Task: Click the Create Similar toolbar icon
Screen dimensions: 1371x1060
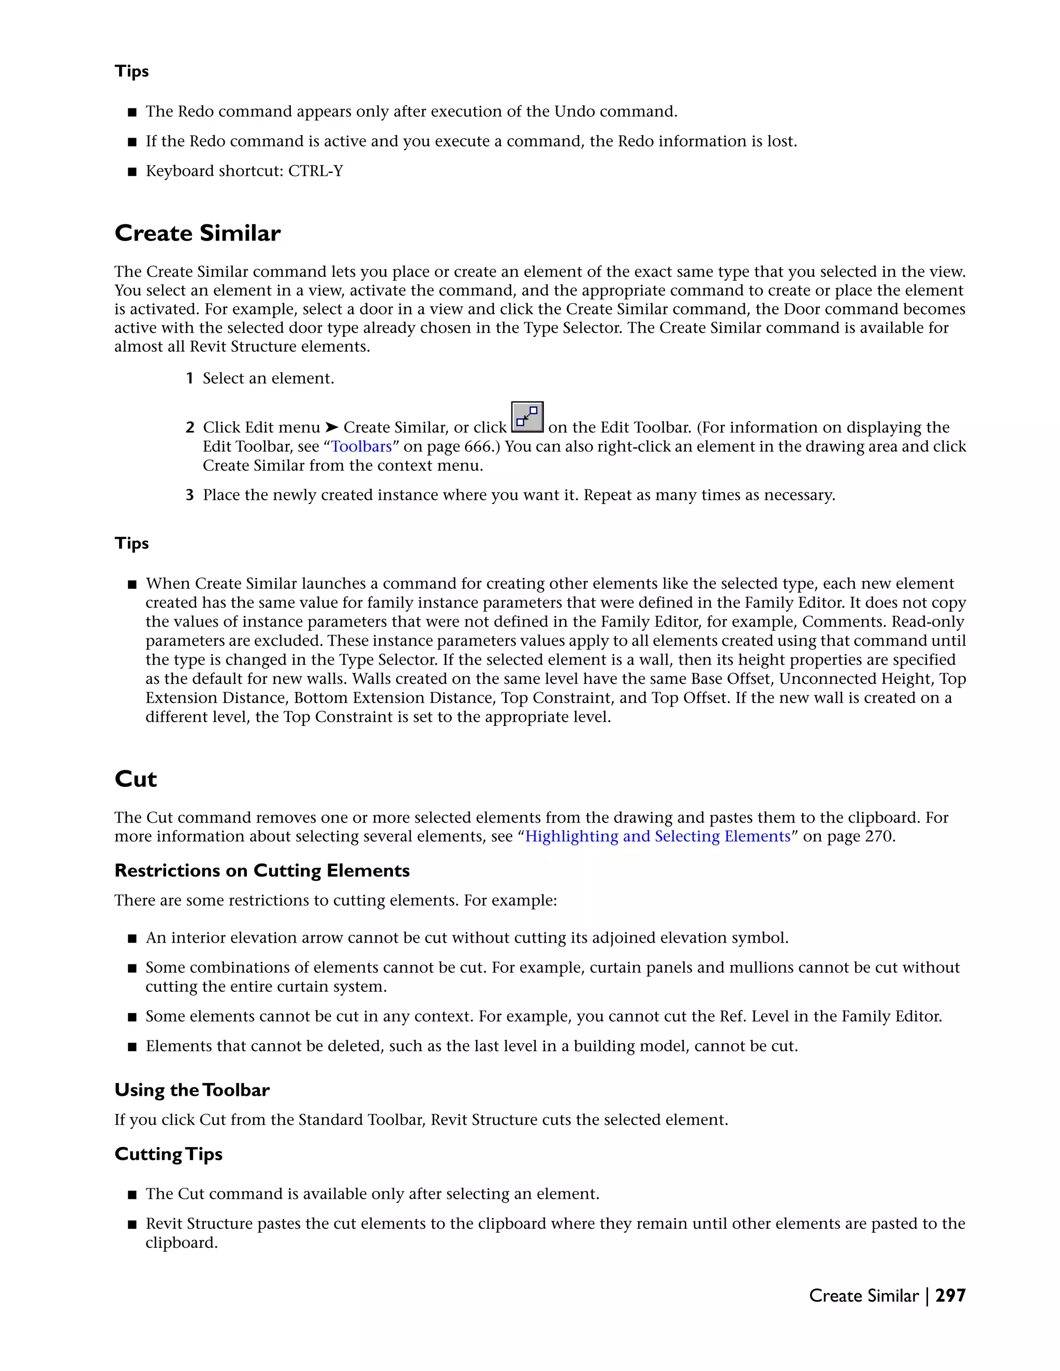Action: (527, 418)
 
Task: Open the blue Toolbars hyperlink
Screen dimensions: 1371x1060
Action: (361, 446)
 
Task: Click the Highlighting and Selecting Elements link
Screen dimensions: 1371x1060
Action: (657, 836)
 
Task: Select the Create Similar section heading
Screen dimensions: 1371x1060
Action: (197, 233)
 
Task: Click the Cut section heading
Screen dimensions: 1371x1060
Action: (136, 779)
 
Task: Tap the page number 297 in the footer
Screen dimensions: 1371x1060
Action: (950, 1295)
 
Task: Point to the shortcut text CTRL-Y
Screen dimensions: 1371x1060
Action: (315, 171)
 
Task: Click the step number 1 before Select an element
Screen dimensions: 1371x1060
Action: (189, 379)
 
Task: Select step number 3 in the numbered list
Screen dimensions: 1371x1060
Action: (189, 495)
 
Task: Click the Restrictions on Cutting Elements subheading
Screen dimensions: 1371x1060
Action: (262, 871)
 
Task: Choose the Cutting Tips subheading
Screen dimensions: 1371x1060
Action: (168, 1154)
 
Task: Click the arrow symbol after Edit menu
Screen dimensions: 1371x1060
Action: (332, 427)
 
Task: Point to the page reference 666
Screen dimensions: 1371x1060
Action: (477, 446)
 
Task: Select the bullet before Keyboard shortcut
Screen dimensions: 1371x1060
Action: (132, 171)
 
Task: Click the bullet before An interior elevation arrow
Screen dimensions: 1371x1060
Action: (132, 938)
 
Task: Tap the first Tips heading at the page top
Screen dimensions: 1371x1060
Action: (132, 71)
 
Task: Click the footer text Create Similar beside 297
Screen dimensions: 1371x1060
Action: (863, 1295)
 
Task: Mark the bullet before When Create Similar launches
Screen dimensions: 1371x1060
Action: (132, 585)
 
